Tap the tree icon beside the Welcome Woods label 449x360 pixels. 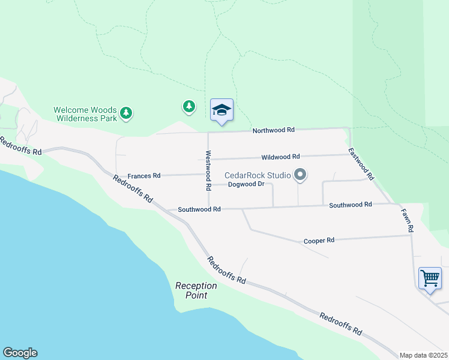(125, 113)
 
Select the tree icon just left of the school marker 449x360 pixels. (189, 107)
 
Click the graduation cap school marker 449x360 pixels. (221, 110)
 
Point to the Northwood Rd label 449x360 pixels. (273, 130)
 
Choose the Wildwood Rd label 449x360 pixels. (280, 157)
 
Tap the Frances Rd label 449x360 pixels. (144, 176)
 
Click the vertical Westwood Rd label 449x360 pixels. (209, 170)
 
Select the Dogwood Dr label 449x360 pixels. (246, 184)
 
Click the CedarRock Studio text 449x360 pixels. (258, 175)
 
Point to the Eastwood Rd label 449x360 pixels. (362, 164)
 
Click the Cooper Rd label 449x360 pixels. (319, 240)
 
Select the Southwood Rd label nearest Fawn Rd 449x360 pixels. (351, 205)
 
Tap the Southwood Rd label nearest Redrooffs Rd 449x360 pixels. (200, 209)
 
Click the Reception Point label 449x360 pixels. (196, 290)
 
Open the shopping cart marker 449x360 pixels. (430, 278)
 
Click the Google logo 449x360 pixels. (20, 353)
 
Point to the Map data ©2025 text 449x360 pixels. (424, 355)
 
